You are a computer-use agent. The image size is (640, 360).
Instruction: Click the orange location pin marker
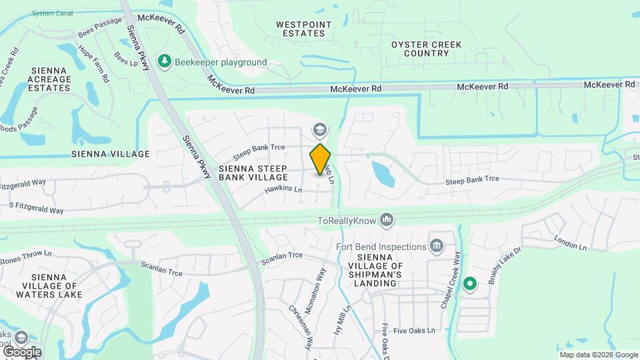point(321,159)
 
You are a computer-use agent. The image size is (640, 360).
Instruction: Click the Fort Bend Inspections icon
point(437,247)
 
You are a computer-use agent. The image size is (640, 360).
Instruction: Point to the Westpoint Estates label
point(303,29)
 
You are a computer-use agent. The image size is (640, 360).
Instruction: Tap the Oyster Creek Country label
point(427,49)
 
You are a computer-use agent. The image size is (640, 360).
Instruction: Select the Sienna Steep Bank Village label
point(253,173)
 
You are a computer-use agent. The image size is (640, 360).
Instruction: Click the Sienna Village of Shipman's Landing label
point(387,270)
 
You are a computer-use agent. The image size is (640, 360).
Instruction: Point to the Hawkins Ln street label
point(283,190)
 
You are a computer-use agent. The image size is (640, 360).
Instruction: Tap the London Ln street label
point(570,243)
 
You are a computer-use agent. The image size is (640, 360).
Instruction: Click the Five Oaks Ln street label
point(413,331)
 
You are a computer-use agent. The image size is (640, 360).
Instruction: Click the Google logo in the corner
point(21,351)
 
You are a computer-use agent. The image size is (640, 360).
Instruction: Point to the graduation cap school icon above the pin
point(320,130)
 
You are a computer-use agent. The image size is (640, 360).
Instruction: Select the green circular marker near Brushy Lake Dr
point(470,285)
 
